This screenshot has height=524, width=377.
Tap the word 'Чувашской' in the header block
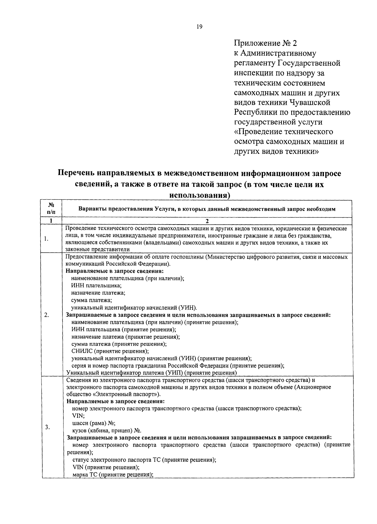coord(310,103)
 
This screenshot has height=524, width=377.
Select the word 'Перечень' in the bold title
coord(75,173)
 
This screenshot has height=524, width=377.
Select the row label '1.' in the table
coord(46,239)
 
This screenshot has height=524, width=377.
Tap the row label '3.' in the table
coord(47,427)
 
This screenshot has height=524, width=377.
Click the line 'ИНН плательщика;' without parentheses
coord(96,286)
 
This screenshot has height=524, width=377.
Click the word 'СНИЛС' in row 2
coord(82,351)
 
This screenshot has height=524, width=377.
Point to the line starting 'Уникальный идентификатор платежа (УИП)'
coord(151,373)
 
